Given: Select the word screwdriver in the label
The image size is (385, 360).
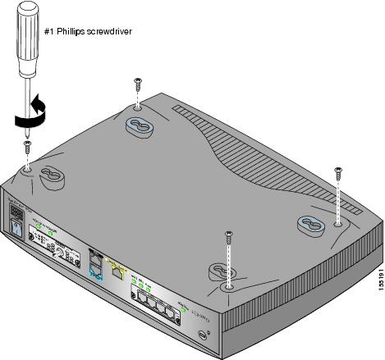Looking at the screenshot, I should pos(113,32).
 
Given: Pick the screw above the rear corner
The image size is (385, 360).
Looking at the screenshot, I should pos(136,83).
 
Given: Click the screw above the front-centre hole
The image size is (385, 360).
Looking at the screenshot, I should pos(227,239).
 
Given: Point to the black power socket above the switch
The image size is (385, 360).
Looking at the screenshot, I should pos(15,212).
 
